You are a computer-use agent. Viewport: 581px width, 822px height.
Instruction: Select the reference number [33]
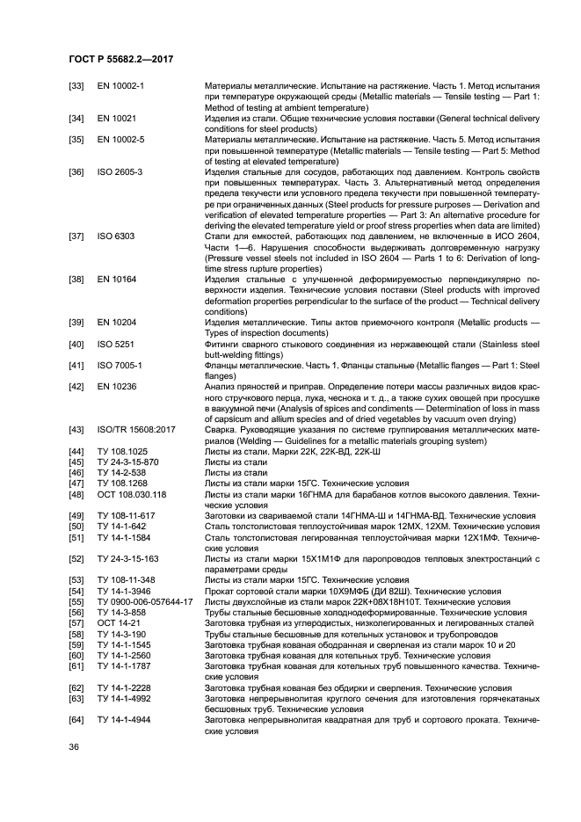click(x=77, y=86)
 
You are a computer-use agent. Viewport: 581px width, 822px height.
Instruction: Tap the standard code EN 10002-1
click(x=121, y=86)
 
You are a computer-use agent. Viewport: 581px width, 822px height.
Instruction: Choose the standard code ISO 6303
click(x=115, y=236)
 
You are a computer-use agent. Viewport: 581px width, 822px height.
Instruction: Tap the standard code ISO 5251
click(x=115, y=343)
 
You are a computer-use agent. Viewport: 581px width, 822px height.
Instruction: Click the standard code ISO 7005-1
click(x=120, y=365)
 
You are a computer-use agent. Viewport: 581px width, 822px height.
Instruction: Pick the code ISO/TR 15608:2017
click(x=136, y=429)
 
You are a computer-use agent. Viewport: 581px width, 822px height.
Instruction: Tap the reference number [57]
click(x=77, y=622)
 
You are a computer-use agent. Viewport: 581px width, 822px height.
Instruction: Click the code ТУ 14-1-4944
click(x=123, y=719)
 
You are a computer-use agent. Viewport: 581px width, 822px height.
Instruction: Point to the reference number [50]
click(x=77, y=526)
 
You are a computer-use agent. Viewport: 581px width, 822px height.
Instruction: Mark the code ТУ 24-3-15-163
click(x=127, y=558)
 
